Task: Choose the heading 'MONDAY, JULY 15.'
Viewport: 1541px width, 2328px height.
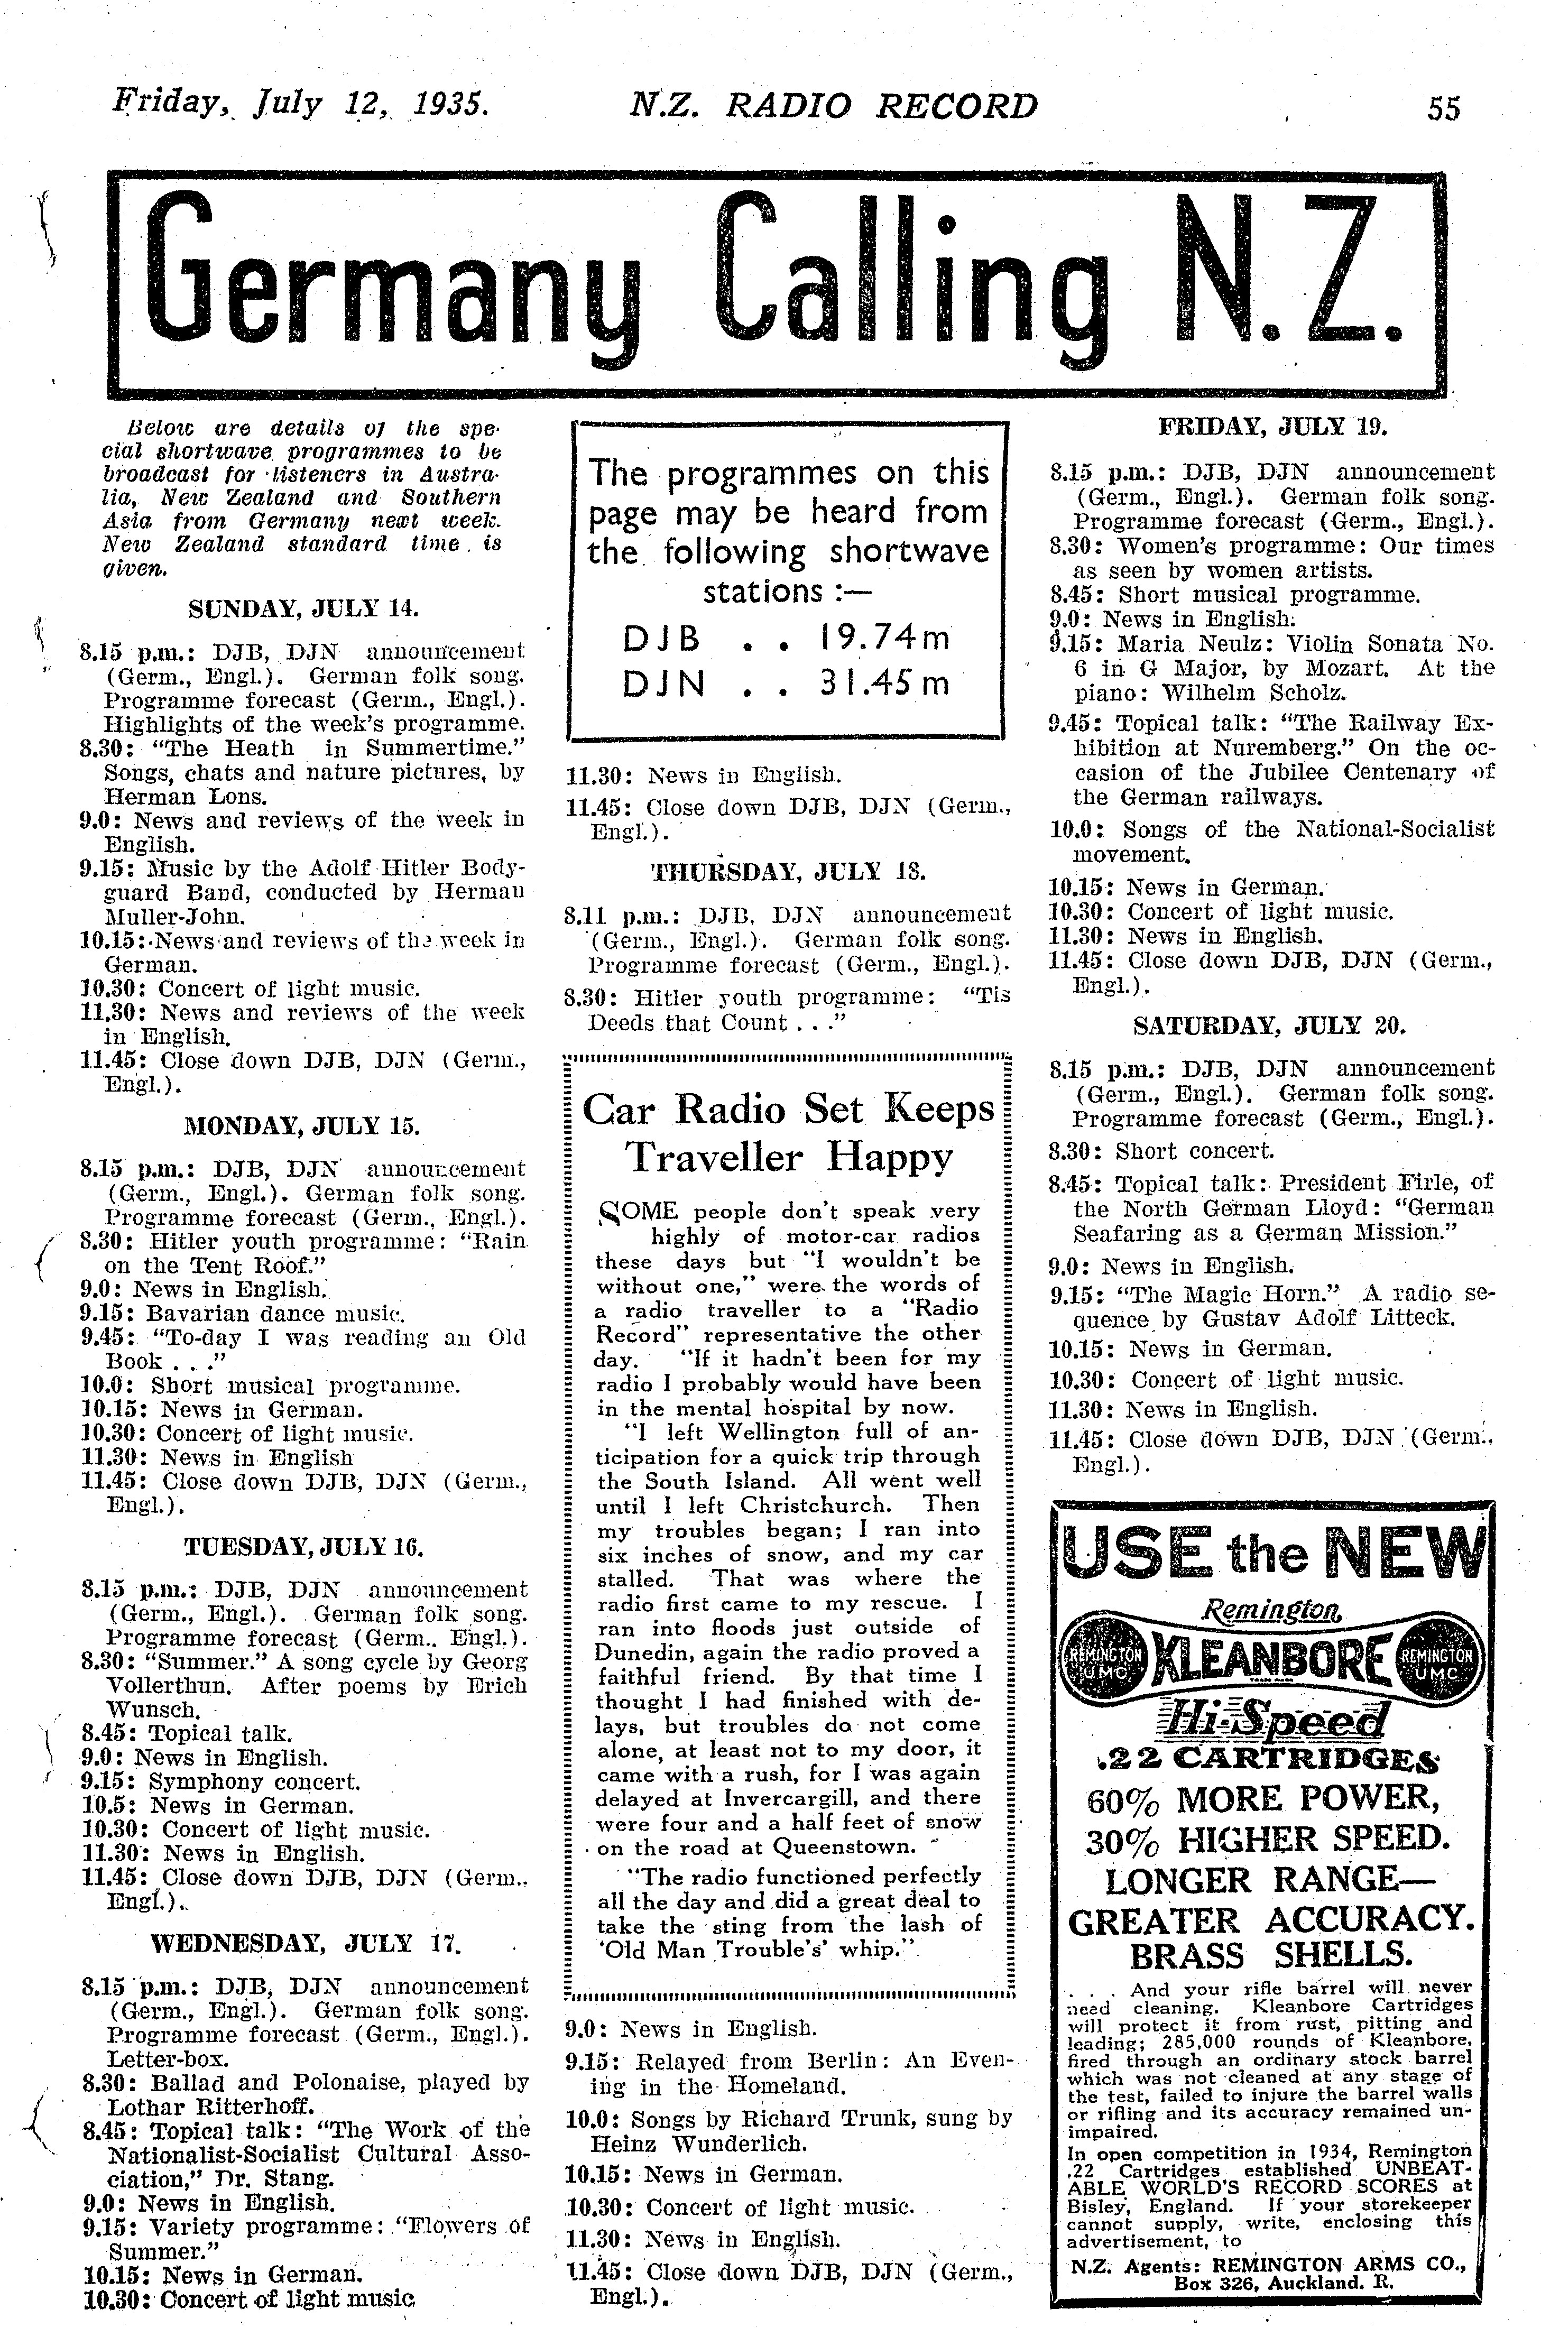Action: [303, 1125]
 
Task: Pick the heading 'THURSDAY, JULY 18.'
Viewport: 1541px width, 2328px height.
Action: [788, 871]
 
